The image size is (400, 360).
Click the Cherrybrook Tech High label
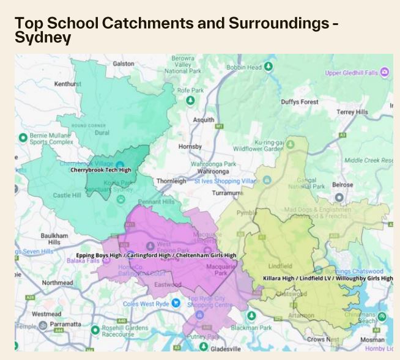pyautogui.click(x=101, y=170)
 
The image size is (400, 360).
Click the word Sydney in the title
pyautogui.click(x=43, y=38)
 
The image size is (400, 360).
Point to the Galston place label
pyautogui.click(x=124, y=64)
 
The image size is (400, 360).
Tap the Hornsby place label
pyautogui.click(x=190, y=147)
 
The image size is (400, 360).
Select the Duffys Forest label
pyautogui.click(x=300, y=102)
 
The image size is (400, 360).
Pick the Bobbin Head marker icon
pyautogui.click(x=269, y=67)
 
